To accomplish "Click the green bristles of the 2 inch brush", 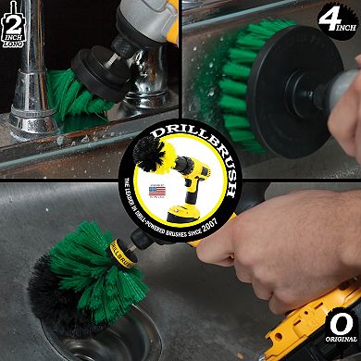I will pos(74,93).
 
